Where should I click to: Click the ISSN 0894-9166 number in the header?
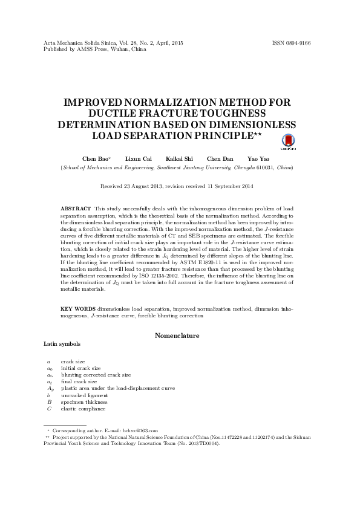click(292, 44)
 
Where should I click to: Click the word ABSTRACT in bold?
click(76, 207)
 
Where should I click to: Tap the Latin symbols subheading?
click(61, 343)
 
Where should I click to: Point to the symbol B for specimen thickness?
click(48, 402)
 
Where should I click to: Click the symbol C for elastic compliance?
click(48, 409)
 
